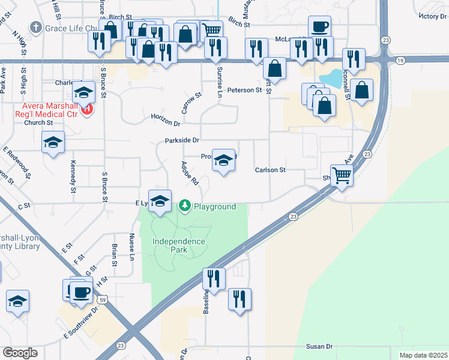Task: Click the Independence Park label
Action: [x=179, y=246]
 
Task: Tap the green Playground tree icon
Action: [x=185, y=206]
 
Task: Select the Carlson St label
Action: [x=270, y=170]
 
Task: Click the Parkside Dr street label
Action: [x=182, y=140]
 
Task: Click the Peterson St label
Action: [x=249, y=90]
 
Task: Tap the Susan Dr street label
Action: [x=319, y=346]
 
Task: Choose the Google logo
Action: [x=20, y=353]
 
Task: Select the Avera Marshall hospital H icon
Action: [x=88, y=109]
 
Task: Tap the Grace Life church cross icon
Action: [x=36, y=28]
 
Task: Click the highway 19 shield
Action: [x=401, y=60]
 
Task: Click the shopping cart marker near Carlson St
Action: [x=342, y=175]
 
